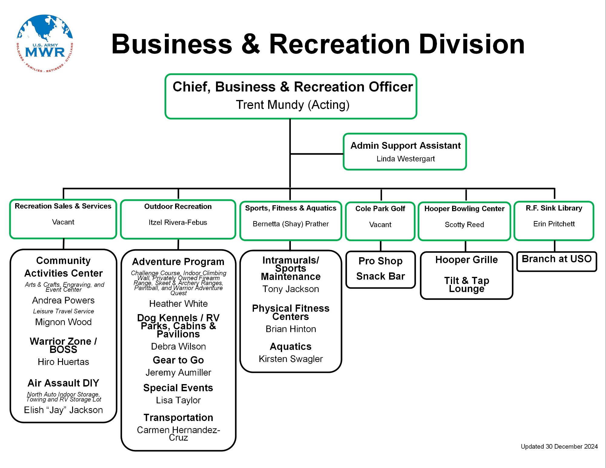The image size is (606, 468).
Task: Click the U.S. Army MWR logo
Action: (x=45, y=43)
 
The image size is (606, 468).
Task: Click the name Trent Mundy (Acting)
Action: (x=292, y=105)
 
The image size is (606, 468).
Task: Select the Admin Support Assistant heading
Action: (x=405, y=146)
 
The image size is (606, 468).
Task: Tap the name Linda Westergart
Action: (x=405, y=159)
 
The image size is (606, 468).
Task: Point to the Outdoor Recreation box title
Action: (x=178, y=207)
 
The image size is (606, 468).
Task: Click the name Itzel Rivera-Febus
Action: (x=178, y=223)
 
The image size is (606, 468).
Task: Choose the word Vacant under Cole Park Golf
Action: (x=380, y=225)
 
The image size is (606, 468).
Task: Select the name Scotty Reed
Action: (x=464, y=225)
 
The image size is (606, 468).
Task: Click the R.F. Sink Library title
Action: (x=554, y=208)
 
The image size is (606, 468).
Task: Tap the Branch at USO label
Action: (x=557, y=259)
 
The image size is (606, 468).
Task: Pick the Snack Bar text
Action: (x=380, y=276)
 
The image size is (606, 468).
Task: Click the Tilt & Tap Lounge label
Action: (x=467, y=285)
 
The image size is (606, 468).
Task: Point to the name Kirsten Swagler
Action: (x=291, y=359)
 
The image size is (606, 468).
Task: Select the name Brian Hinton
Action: (x=291, y=329)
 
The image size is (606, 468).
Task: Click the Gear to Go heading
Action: (x=178, y=360)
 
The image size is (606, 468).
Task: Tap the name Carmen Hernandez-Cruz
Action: (x=178, y=434)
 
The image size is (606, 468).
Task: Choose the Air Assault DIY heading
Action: (x=63, y=383)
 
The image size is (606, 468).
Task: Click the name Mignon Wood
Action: (x=63, y=322)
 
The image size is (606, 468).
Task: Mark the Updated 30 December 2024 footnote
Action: (x=559, y=446)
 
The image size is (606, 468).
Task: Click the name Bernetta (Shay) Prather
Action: (x=291, y=224)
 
